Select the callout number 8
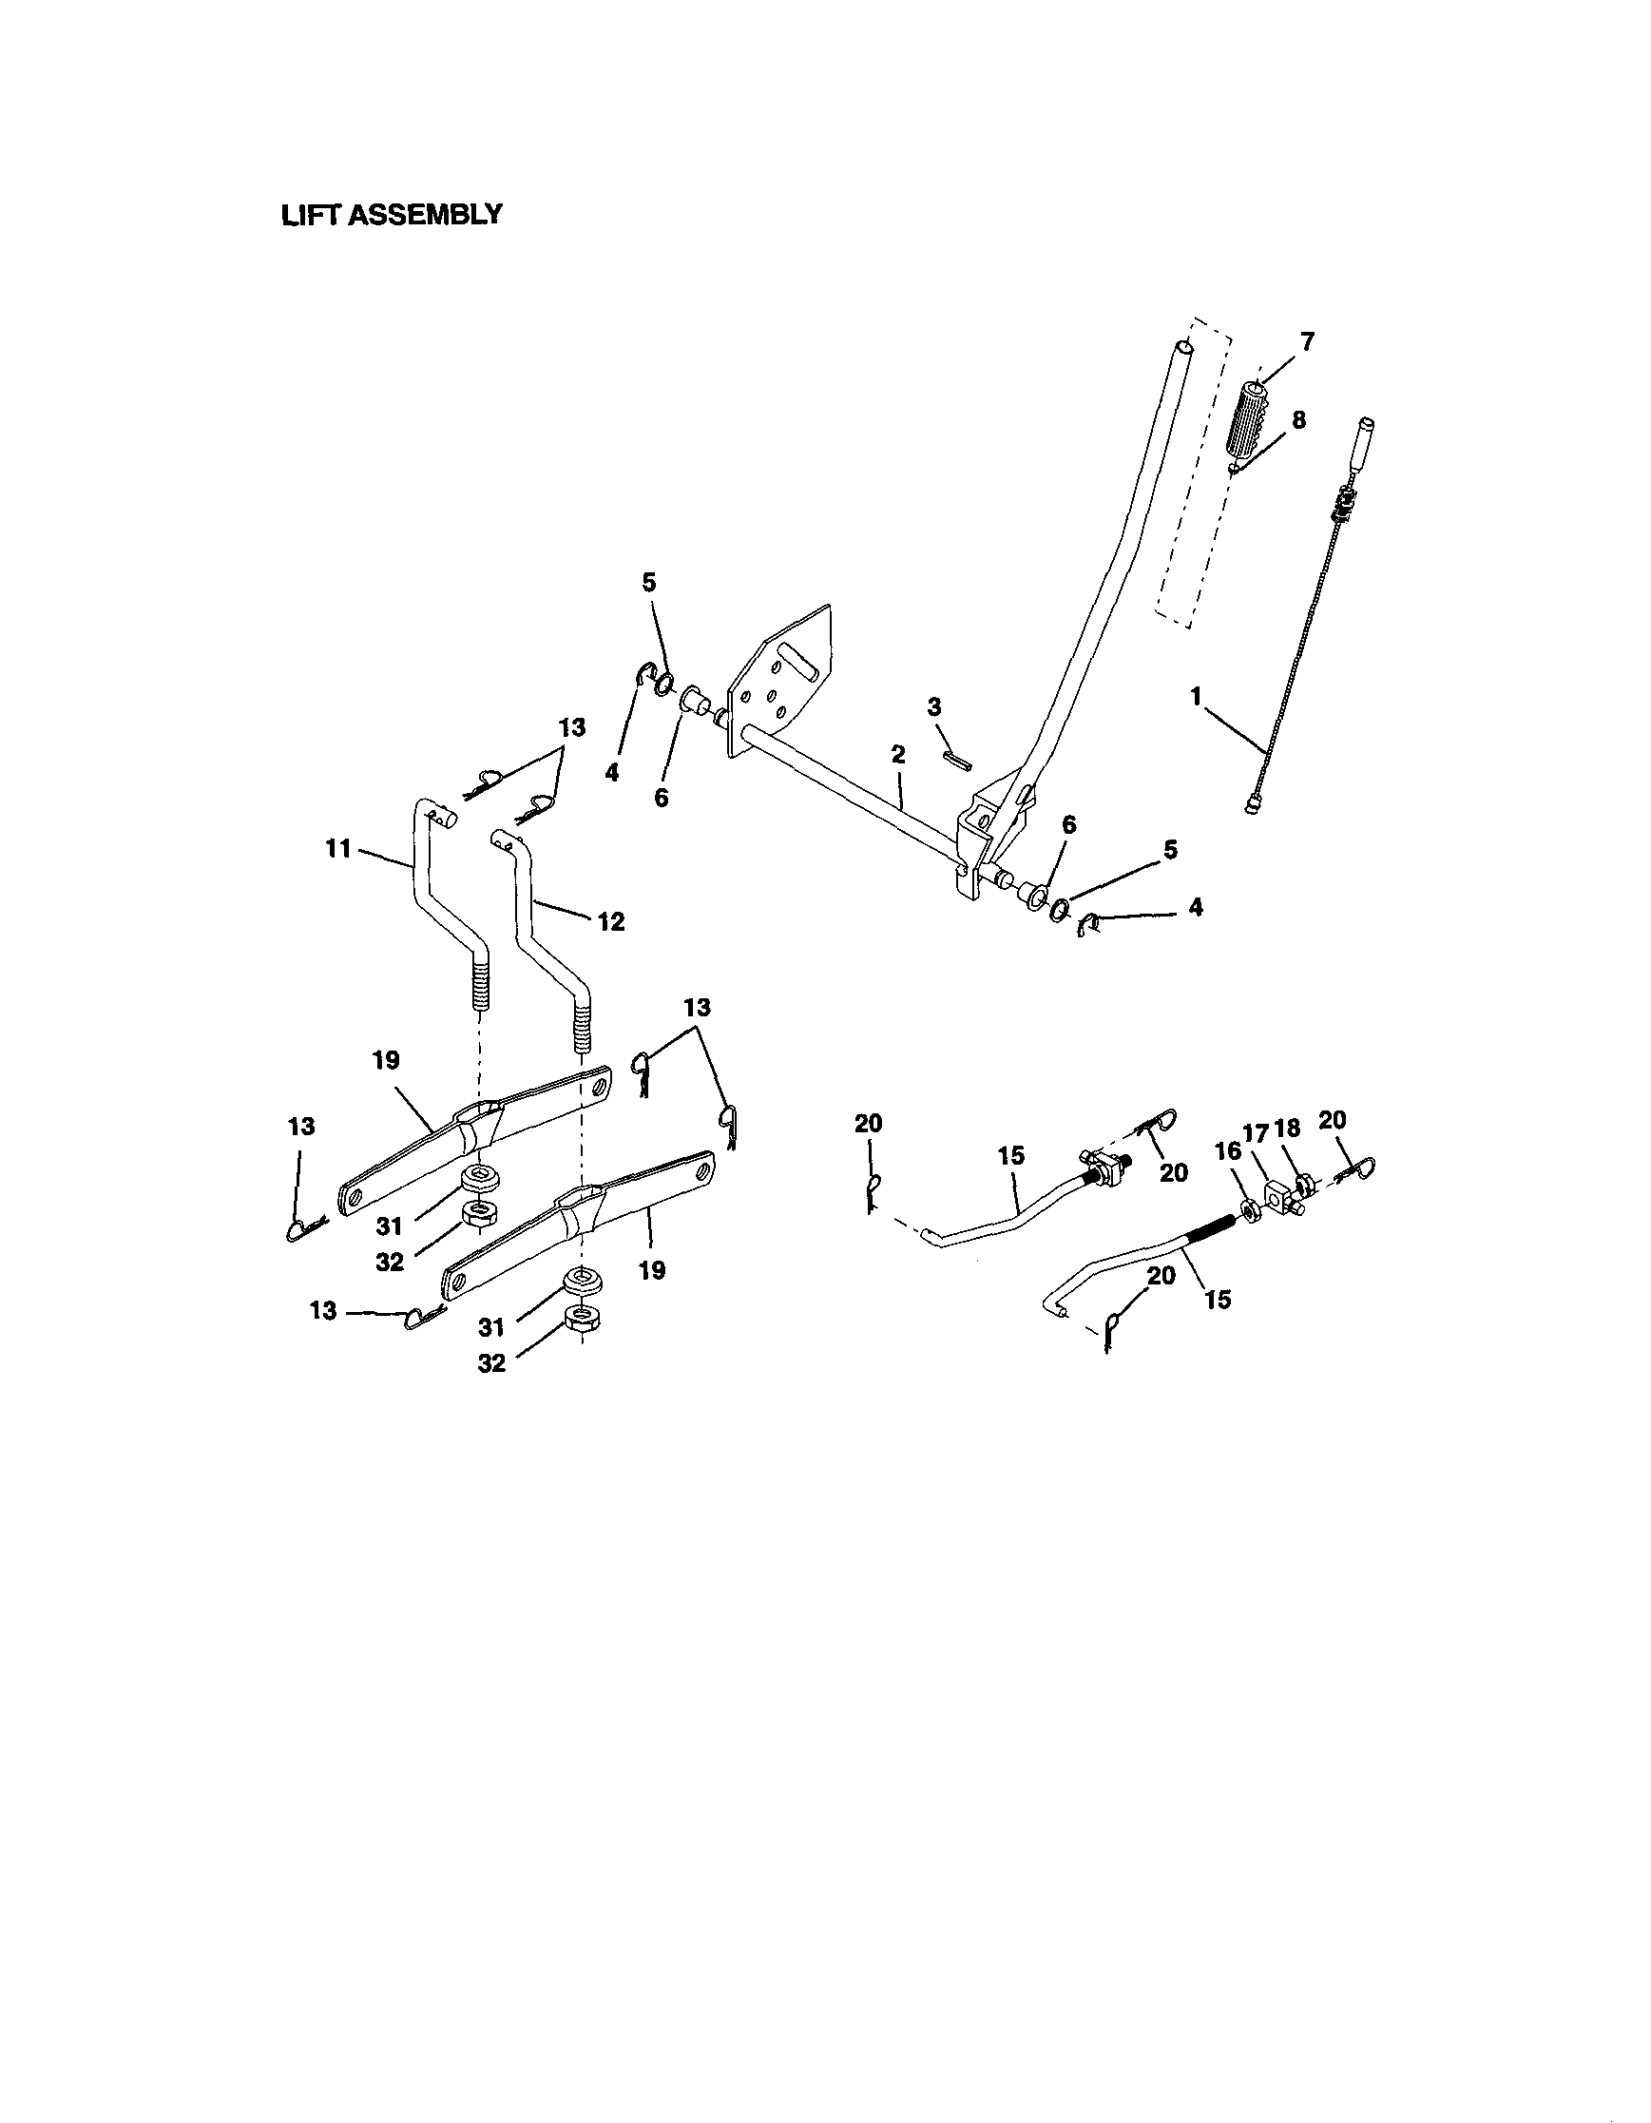pyautogui.click(x=1298, y=420)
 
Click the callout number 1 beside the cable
pyautogui.click(x=1197, y=696)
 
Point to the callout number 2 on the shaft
pyautogui.click(x=898, y=754)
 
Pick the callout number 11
pyautogui.click(x=337, y=849)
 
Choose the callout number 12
pyautogui.click(x=610, y=920)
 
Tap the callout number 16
pyautogui.click(x=1228, y=1151)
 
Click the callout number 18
pyautogui.click(x=1287, y=1129)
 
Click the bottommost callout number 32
pyautogui.click(x=491, y=1363)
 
